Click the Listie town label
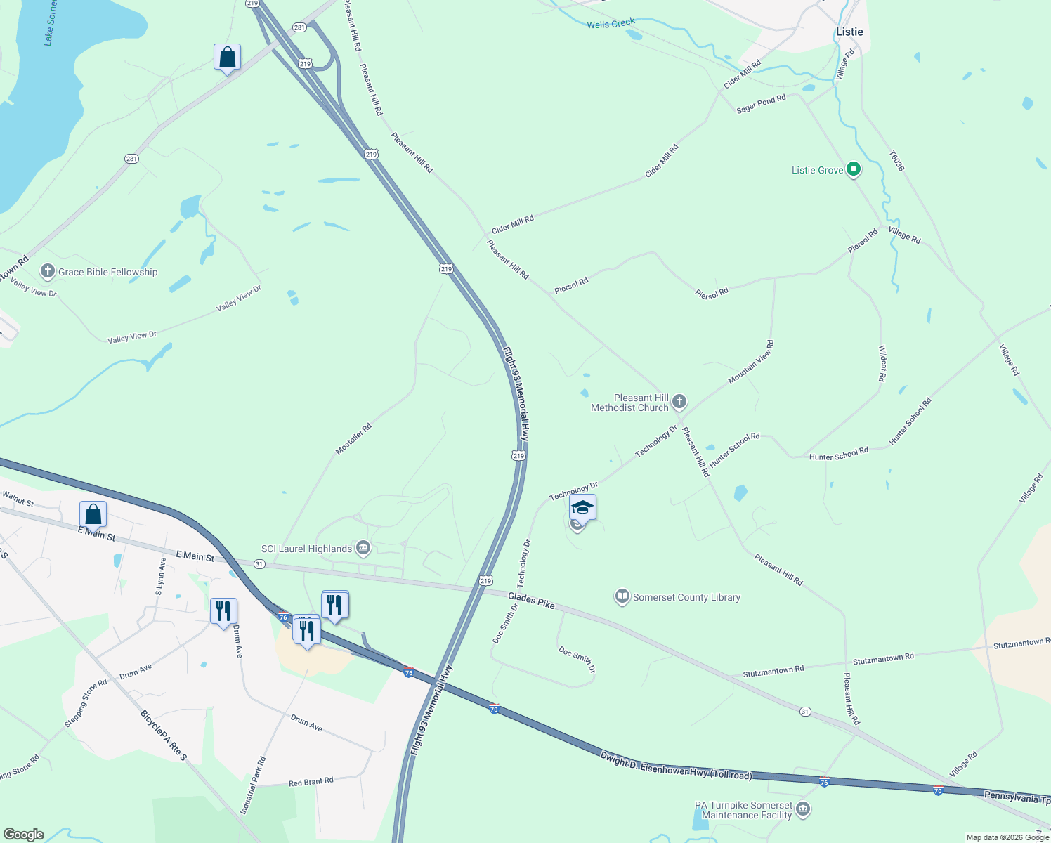coord(849,32)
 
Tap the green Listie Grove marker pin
coord(854,169)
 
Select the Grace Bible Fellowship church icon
coord(48,271)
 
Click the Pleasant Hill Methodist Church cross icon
coord(679,402)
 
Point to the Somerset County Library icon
coord(622,597)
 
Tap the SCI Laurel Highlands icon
coord(363,547)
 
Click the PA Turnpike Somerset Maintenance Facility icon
coord(804,809)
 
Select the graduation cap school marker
coord(582,507)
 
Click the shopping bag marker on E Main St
coord(93,514)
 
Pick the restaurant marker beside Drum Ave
coord(223,610)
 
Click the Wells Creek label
coord(611,24)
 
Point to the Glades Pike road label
coord(531,601)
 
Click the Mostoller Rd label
coord(353,439)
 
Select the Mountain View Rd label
coord(751,362)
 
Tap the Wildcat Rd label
coord(882,363)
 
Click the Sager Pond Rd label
coord(761,104)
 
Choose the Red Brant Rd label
coord(311,781)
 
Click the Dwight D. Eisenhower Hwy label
coord(676,766)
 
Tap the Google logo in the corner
coord(24,835)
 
